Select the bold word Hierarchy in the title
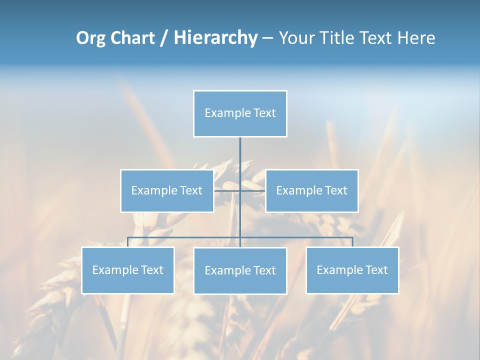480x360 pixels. pos(215,38)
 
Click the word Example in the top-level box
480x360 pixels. pos(227,113)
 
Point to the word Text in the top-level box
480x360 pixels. pos(264,113)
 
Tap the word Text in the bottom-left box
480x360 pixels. pos(152,270)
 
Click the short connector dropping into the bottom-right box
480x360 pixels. pos(352,242)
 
